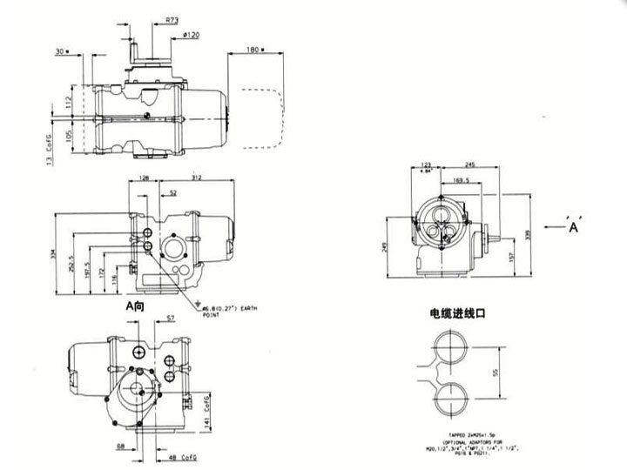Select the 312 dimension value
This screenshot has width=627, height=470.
pyautogui.click(x=197, y=178)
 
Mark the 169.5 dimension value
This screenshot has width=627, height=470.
pyautogui.click(x=462, y=182)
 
